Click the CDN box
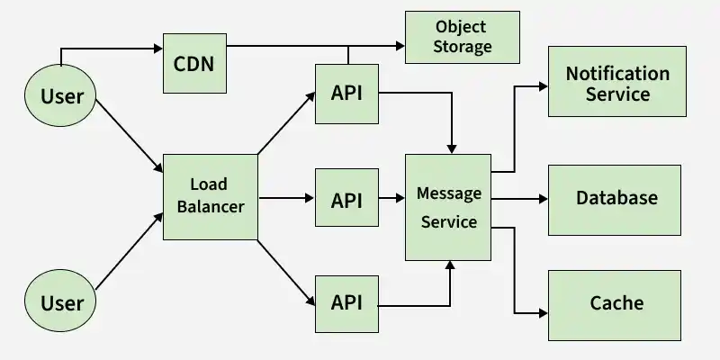click(x=194, y=63)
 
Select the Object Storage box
click(x=463, y=37)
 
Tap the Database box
click(x=615, y=200)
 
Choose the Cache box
click(x=615, y=305)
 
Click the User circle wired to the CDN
click(x=60, y=95)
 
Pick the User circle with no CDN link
click(x=60, y=301)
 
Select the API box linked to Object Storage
click(x=346, y=94)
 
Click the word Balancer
click(x=211, y=207)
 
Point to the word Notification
click(x=617, y=74)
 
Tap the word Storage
click(x=463, y=47)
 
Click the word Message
click(x=448, y=193)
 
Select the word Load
click(x=209, y=184)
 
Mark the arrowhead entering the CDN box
click(x=158, y=49)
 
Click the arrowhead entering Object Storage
click(x=400, y=46)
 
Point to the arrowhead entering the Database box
click(x=544, y=199)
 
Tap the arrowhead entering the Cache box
click(x=544, y=313)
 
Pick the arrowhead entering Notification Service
click(x=544, y=86)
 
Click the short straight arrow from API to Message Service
click(x=391, y=198)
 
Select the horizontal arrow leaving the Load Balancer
click(x=286, y=198)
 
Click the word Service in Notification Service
click(x=617, y=94)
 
